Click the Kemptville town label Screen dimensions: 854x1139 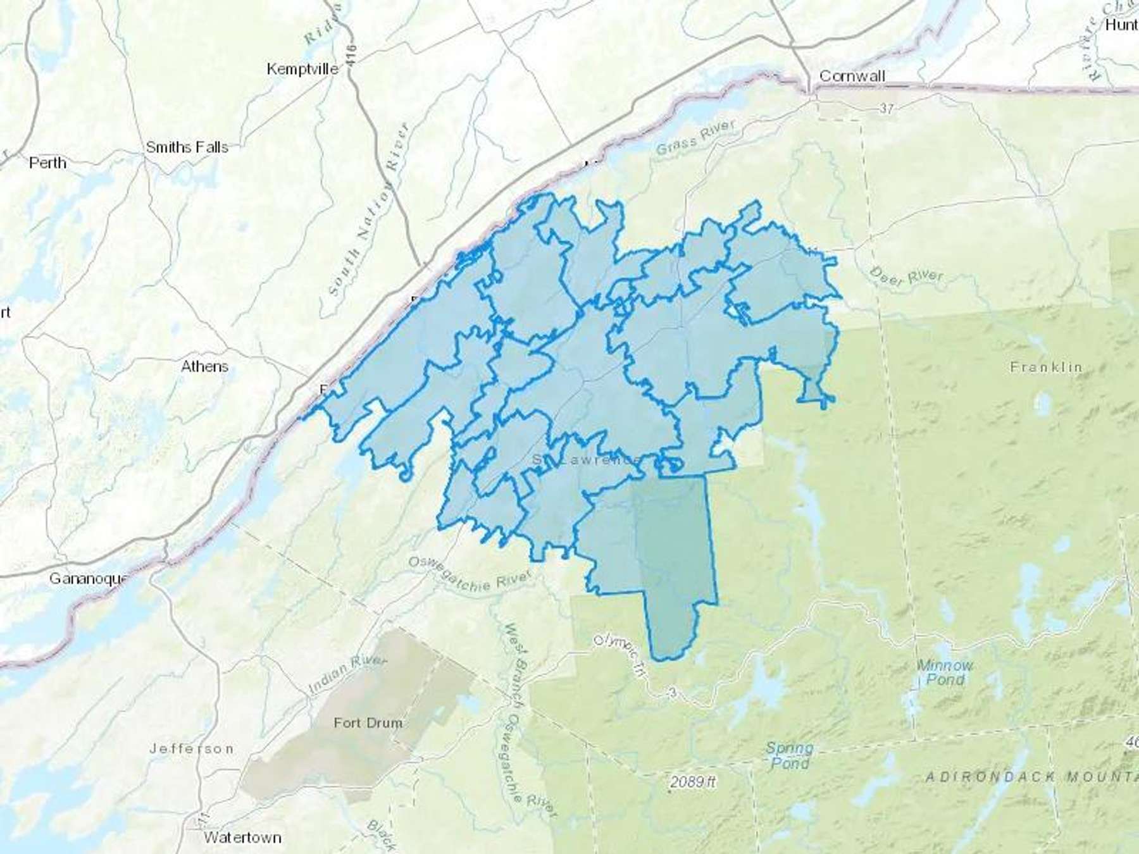pyautogui.click(x=302, y=69)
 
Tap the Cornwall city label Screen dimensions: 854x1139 pyautogui.click(x=852, y=76)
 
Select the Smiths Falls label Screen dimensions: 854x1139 pyautogui.click(x=187, y=147)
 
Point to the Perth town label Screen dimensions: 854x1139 pyautogui.click(x=47, y=163)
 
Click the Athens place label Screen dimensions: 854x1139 pyautogui.click(x=204, y=366)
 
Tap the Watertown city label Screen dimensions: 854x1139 pyautogui.click(x=242, y=838)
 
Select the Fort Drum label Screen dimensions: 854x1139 pyautogui.click(x=368, y=722)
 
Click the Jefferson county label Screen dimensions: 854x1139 pyautogui.click(x=191, y=749)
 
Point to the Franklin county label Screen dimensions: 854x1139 pyautogui.click(x=1046, y=367)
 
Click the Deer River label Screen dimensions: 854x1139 pyautogui.click(x=906, y=276)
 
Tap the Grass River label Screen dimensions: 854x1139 pyautogui.click(x=695, y=138)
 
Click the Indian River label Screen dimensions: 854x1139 pyautogui.click(x=347, y=674)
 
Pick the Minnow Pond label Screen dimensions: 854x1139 pyautogui.click(x=945, y=672)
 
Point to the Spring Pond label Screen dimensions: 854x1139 pyautogui.click(x=789, y=755)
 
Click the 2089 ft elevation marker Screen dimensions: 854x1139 pyautogui.click(x=692, y=783)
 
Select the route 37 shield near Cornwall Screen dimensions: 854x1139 pyautogui.click(x=887, y=109)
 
